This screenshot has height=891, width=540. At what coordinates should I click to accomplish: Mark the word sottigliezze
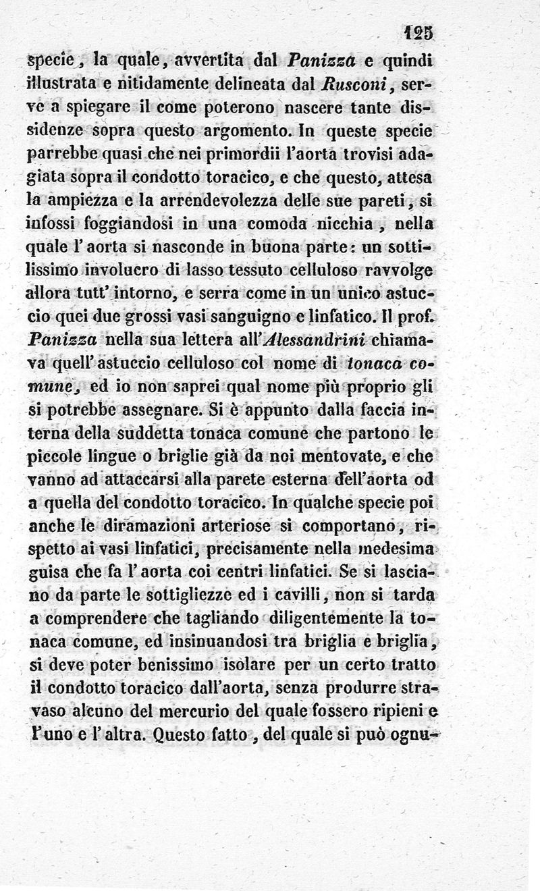pos(184,595)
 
